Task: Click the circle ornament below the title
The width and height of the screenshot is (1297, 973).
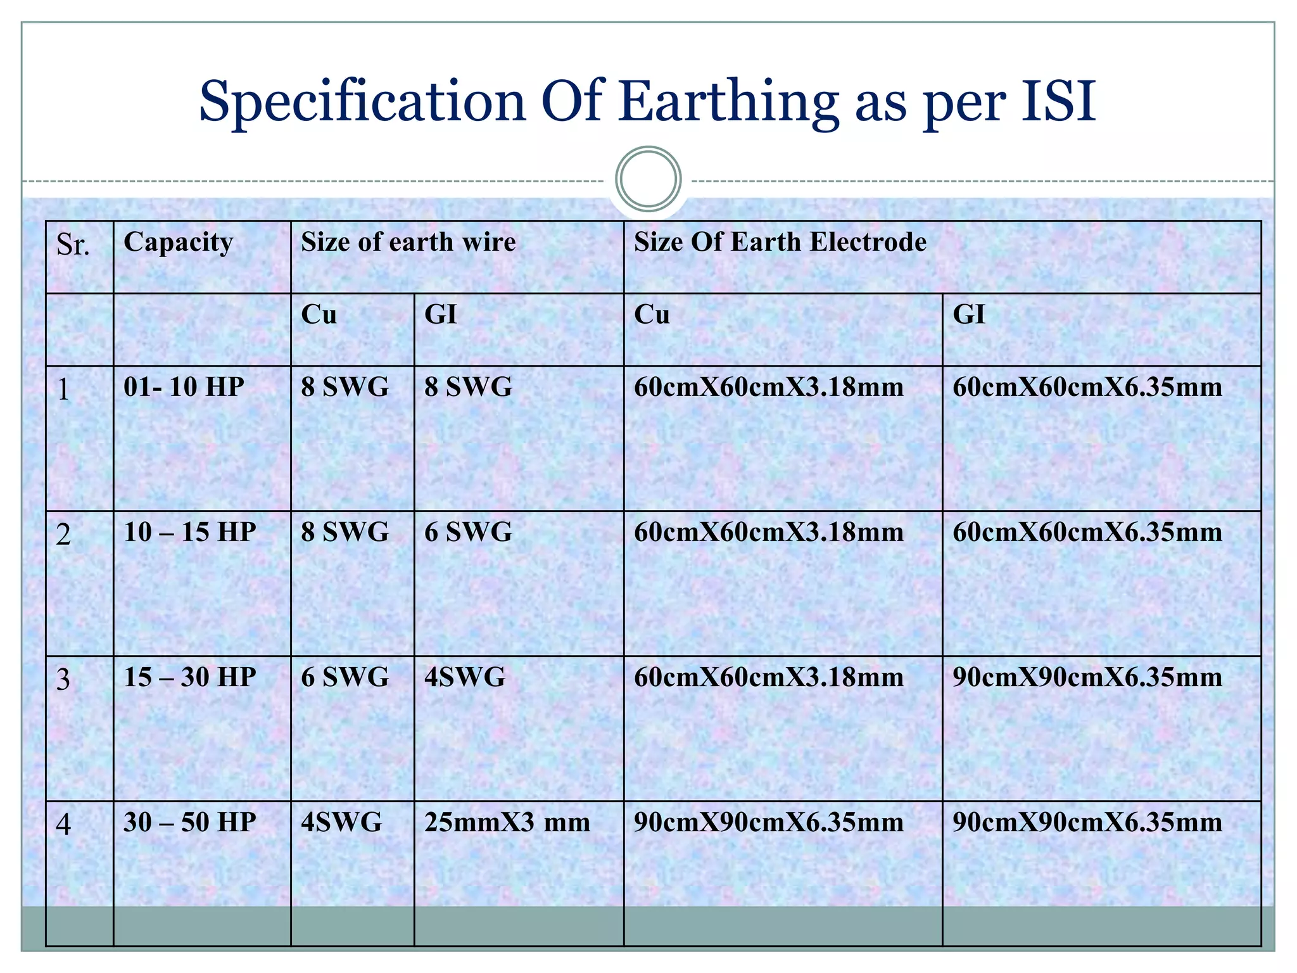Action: [648, 179]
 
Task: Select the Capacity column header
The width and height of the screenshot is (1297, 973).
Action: [178, 243]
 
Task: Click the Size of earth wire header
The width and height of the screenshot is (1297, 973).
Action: [408, 243]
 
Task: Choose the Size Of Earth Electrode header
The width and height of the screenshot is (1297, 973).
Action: [780, 243]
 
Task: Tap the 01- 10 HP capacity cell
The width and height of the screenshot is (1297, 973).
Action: [184, 387]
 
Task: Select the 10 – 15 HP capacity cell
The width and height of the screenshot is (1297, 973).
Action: [189, 532]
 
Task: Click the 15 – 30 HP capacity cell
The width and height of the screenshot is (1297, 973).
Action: [189, 677]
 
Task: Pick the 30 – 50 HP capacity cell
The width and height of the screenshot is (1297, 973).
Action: [189, 822]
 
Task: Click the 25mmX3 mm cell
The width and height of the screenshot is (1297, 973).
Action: [507, 822]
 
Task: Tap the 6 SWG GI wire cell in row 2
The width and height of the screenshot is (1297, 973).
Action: [468, 532]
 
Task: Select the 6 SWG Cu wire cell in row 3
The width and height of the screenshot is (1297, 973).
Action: [345, 677]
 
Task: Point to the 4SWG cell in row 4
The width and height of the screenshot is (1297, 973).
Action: [341, 822]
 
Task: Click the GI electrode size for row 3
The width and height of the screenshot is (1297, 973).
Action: [1087, 677]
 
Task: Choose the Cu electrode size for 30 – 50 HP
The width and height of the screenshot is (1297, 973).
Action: [768, 822]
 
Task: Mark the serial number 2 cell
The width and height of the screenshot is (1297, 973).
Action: [63, 535]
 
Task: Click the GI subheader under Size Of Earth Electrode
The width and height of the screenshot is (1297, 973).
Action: [968, 315]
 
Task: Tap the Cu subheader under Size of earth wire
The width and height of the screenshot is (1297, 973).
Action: [319, 315]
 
